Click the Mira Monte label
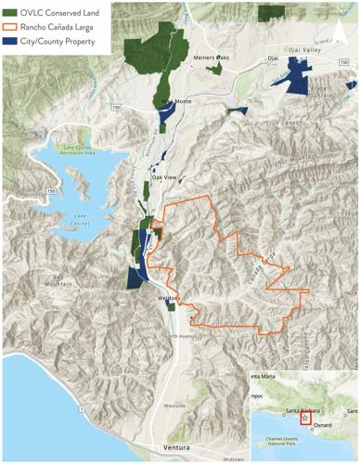pyautogui.click(x=176, y=102)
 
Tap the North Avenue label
pyautogui.click(x=179, y=336)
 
